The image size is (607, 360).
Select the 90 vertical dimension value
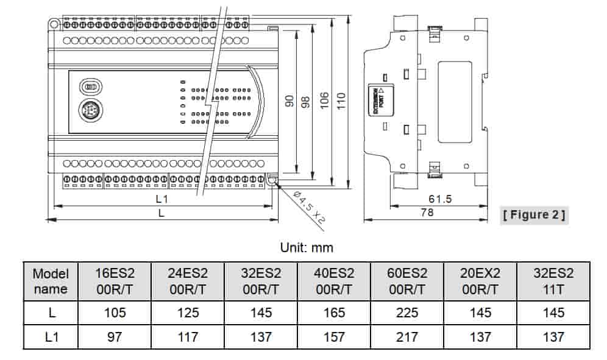(x=290, y=101)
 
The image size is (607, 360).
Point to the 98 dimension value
(x=307, y=101)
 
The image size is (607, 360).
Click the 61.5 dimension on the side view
(x=439, y=199)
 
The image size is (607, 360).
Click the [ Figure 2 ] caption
(x=534, y=214)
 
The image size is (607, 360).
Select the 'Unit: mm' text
(x=307, y=248)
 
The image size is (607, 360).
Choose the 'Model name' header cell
(x=51, y=281)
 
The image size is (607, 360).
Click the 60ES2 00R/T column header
(x=406, y=281)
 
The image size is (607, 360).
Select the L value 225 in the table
(x=406, y=312)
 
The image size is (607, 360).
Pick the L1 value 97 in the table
(x=115, y=336)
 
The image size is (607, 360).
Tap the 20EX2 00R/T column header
(x=480, y=281)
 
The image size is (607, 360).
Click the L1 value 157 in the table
(x=334, y=336)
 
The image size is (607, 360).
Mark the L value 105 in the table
(x=115, y=312)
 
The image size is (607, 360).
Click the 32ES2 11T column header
(x=553, y=281)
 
